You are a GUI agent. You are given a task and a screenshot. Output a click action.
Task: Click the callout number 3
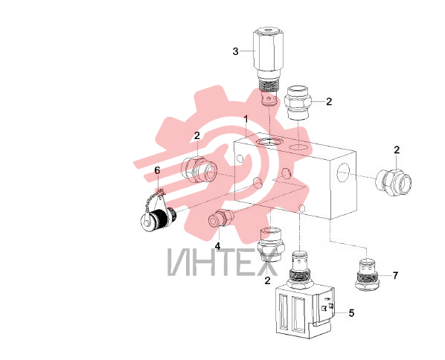click(236, 51)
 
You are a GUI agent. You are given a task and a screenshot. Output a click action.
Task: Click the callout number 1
click(246, 119)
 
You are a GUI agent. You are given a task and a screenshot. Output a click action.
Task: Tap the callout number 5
click(351, 313)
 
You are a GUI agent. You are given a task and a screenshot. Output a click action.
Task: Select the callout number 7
click(395, 275)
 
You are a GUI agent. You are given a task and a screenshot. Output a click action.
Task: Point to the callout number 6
click(157, 170)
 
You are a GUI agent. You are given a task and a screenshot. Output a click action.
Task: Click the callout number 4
click(218, 246)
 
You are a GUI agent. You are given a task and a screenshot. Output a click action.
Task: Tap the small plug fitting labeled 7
click(367, 274)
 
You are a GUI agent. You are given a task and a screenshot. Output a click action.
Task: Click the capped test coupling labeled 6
click(158, 213)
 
